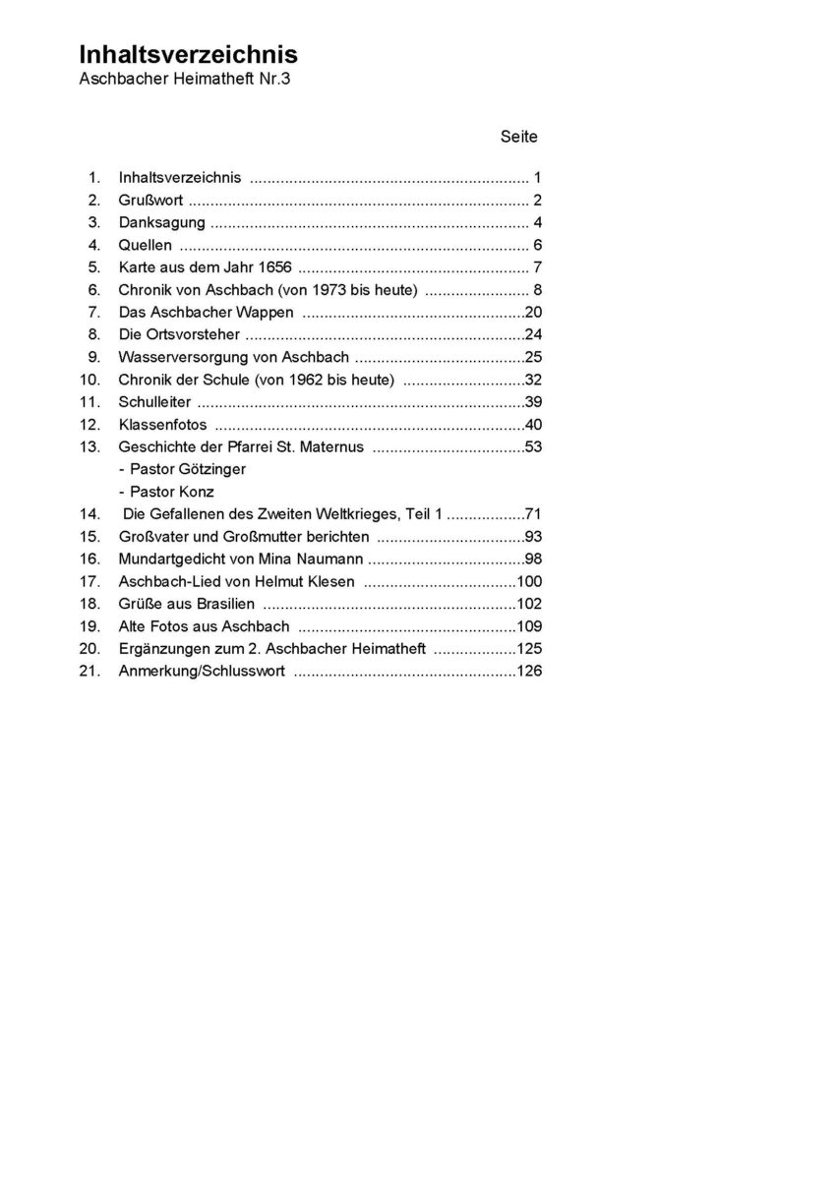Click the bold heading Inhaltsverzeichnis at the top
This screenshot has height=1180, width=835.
pos(188,55)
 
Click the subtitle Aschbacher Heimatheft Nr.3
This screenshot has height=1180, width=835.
pos(185,80)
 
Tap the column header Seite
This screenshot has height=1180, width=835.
pos(518,137)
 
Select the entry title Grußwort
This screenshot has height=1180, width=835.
pos(150,200)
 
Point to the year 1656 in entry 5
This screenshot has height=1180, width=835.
pos(274,267)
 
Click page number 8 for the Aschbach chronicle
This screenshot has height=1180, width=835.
pos(537,290)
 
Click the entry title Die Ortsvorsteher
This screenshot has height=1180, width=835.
pos(178,334)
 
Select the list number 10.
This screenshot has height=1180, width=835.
pos(91,380)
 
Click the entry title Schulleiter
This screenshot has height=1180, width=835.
pos(154,402)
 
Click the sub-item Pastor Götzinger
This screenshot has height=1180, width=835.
pos(182,469)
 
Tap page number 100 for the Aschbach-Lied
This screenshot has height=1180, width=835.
pos(529,581)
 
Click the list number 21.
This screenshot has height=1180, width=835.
pos(91,672)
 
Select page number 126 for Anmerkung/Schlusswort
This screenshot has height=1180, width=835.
pos(529,672)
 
